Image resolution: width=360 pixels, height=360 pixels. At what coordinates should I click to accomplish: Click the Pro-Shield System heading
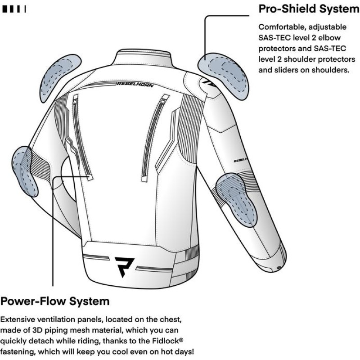(308, 9)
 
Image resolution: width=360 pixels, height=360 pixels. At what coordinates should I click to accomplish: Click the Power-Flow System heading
(55, 300)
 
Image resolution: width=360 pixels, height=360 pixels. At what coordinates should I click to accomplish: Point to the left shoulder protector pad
(58, 77)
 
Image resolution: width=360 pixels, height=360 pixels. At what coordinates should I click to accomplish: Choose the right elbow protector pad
(237, 199)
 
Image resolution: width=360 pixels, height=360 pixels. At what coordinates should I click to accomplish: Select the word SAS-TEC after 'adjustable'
(276, 37)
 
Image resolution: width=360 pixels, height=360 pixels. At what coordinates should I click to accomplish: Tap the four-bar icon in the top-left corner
(14, 9)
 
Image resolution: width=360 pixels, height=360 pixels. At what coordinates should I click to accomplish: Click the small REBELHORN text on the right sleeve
(242, 160)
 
